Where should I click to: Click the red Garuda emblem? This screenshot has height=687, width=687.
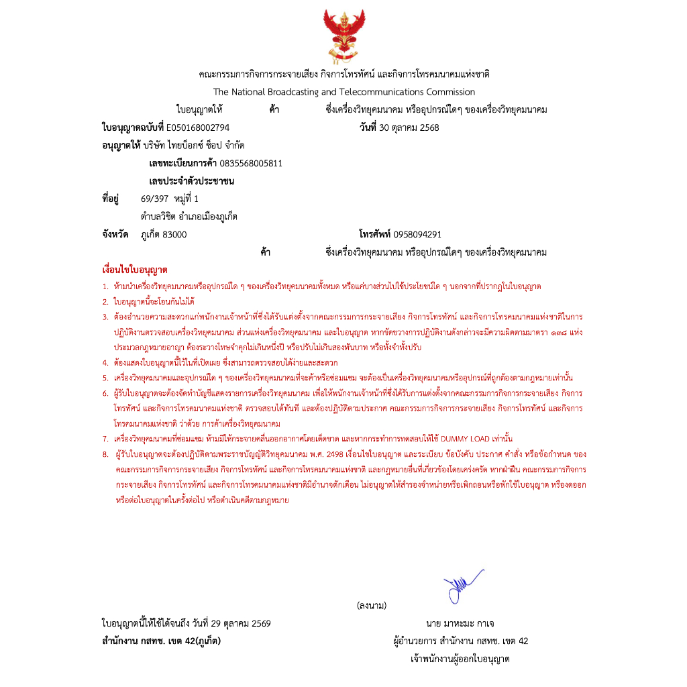(343, 35)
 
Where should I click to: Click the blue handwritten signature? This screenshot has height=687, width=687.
(463, 584)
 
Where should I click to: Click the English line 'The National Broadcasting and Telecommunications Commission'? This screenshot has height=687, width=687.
(343, 92)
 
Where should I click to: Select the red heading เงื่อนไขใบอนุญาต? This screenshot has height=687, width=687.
(135, 270)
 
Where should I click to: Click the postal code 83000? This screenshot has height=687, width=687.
(176, 234)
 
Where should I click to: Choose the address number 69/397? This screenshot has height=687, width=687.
(154, 199)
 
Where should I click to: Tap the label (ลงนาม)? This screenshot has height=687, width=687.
(372, 606)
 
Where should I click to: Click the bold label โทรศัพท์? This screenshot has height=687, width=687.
(375, 234)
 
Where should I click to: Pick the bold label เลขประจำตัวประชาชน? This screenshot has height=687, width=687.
(191, 181)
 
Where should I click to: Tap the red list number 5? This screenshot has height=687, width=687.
(105, 377)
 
